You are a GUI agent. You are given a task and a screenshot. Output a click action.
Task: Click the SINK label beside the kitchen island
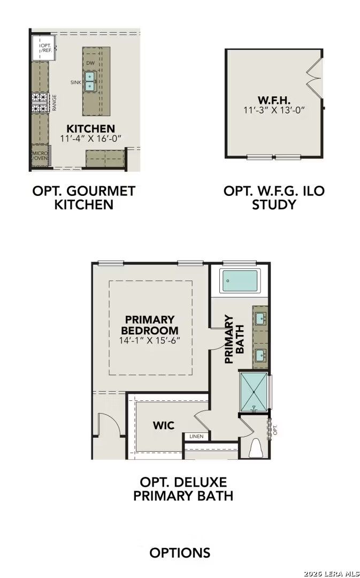[75, 82]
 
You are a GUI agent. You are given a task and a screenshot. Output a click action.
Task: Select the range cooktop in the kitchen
[40, 102]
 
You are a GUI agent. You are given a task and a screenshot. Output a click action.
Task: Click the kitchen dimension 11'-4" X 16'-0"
[91, 138]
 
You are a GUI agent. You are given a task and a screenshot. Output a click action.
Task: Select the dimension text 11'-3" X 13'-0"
[273, 110]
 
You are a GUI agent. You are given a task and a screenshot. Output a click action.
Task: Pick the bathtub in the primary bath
[240, 280]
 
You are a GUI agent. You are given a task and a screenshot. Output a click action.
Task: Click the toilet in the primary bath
[256, 448]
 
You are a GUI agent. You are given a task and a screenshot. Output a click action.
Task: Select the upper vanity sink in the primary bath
[260, 318]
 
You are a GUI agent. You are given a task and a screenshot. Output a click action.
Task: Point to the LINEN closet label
[196, 437]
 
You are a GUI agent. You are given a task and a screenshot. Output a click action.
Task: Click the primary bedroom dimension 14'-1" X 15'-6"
[149, 340]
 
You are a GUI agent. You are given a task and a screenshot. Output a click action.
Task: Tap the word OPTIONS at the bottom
[180, 553]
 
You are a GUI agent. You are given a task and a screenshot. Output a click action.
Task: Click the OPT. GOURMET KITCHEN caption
[84, 197]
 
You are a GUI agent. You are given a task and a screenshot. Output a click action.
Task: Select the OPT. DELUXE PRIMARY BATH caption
[183, 489]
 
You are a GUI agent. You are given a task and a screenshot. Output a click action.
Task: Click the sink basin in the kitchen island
[90, 81]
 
